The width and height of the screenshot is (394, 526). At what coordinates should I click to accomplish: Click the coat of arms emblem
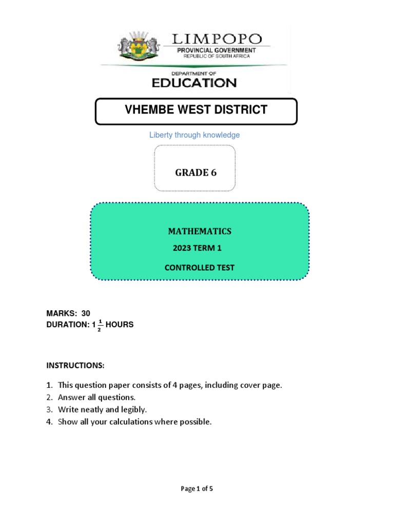(138, 46)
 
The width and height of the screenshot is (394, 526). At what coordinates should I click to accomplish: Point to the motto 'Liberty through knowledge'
(194, 135)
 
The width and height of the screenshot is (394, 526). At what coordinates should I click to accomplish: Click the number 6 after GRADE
(213, 173)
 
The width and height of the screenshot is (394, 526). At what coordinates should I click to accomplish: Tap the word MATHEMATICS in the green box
(200, 232)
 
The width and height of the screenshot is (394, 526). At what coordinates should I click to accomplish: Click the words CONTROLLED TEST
(199, 268)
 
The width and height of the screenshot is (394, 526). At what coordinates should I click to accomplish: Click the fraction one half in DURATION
(98, 325)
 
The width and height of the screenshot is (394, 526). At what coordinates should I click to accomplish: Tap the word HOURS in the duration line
(120, 325)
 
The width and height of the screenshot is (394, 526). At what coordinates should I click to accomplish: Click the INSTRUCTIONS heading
(75, 365)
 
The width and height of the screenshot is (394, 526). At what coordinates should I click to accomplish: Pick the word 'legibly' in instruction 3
(134, 410)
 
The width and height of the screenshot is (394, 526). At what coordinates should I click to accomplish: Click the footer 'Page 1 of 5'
(197, 489)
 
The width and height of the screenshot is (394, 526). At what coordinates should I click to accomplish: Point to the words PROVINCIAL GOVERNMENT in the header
(216, 50)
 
